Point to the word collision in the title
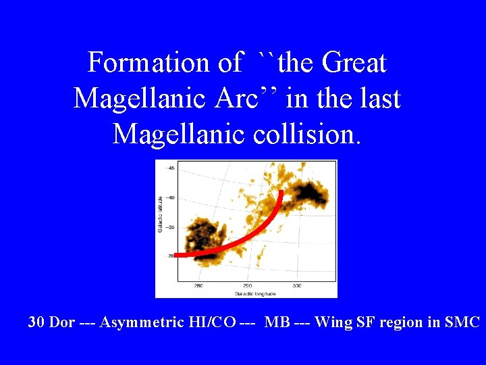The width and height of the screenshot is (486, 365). click(x=307, y=134)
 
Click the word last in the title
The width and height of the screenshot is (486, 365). click(x=379, y=99)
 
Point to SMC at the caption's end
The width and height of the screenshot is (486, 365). click(x=462, y=322)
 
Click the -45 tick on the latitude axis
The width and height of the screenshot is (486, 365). click(x=171, y=168)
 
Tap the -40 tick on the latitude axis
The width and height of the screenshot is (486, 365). click(x=171, y=197)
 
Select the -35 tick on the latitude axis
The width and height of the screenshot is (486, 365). click(x=171, y=227)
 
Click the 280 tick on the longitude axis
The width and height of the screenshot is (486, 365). click(x=198, y=286)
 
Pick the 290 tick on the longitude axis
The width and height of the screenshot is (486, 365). click(x=247, y=286)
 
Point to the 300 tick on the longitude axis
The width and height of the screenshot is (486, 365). click(x=296, y=286)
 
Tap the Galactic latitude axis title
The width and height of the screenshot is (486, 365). click(x=160, y=215)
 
